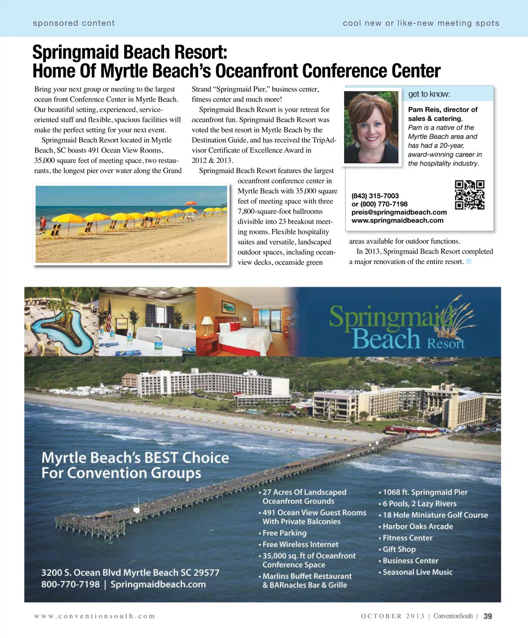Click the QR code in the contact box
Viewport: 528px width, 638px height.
tap(469, 194)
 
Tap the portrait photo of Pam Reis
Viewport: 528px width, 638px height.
tap(371, 127)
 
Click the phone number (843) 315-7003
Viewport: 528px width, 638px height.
tap(375, 196)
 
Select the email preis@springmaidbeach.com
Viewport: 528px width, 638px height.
tap(399, 212)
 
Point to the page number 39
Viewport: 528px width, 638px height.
tap(488, 616)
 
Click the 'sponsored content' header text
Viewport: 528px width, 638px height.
tap(73, 23)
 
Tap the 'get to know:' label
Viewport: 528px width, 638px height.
tap(429, 94)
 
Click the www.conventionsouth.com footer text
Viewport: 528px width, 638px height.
tap(95, 616)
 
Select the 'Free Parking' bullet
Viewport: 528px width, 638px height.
tap(284, 533)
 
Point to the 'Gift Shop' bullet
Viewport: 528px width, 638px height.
tap(399, 549)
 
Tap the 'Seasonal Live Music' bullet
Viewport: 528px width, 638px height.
tap(417, 572)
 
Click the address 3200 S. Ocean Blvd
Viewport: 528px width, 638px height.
tap(130, 572)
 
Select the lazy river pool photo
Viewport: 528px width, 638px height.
tap(61, 322)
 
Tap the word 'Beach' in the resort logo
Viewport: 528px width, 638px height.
tap(386, 339)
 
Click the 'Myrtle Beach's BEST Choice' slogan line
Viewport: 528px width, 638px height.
tap(135, 458)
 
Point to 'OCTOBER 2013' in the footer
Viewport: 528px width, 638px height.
tap(393, 616)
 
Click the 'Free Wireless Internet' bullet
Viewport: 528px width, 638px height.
tap(300, 544)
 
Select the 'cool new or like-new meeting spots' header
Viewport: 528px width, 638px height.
tap(421, 23)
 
